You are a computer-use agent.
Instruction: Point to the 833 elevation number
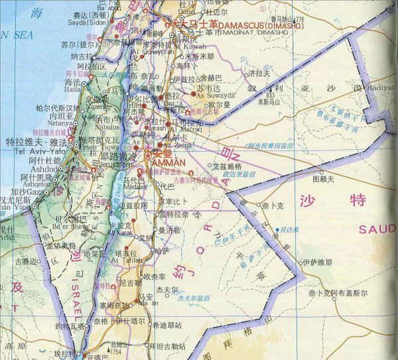(x=271, y=95)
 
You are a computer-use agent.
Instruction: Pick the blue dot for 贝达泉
(x=277, y=230)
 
